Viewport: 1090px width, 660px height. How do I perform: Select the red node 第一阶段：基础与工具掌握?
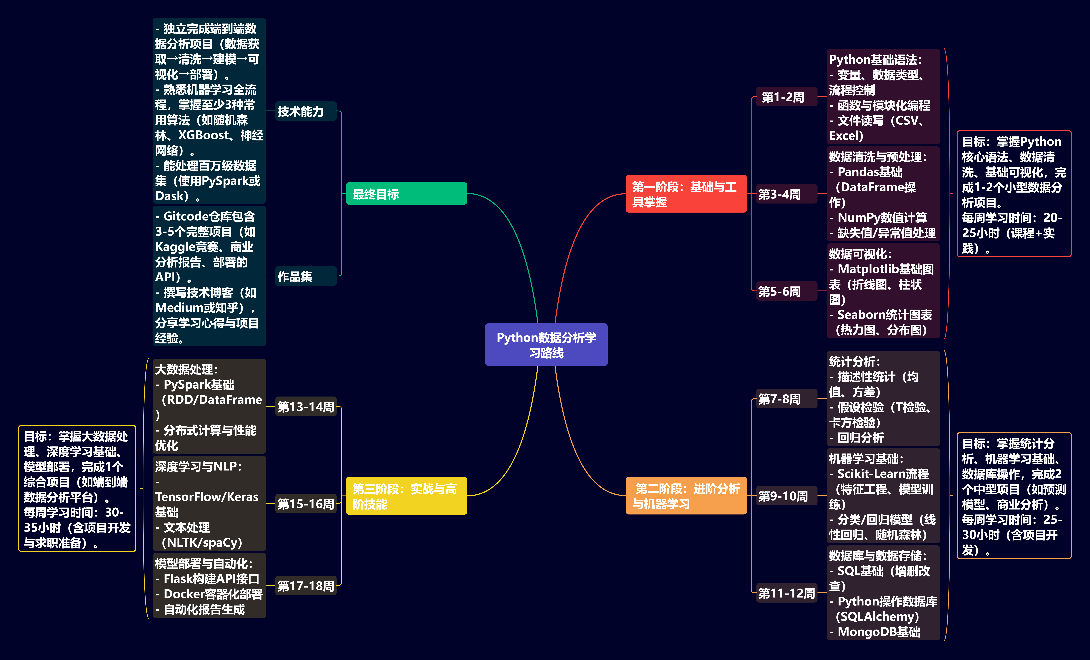(x=686, y=194)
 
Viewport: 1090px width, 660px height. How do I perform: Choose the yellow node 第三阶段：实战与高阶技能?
(x=406, y=496)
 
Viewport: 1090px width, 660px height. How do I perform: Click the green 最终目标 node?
(x=406, y=194)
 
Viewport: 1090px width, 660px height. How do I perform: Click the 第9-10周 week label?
(x=783, y=496)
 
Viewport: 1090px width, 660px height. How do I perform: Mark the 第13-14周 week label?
(x=306, y=407)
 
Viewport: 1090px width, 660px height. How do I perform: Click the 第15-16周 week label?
(x=306, y=504)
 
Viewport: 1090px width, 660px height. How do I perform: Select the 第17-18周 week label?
(x=306, y=586)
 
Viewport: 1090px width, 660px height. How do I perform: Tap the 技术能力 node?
(x=301, y=111)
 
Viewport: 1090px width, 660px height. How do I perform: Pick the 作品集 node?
(x=295, y=276)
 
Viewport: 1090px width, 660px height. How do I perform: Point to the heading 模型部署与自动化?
(x=204, y=564)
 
